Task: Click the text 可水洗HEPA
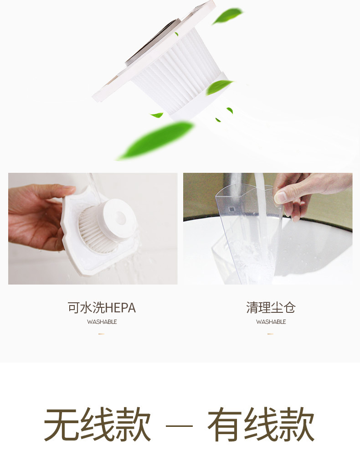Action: tap(102, 308)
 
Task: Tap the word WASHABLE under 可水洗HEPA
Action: tap(102, 322)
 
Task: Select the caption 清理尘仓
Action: tap(271, 308)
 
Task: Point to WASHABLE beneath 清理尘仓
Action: tap(271, 322)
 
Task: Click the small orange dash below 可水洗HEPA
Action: tap(101, 334)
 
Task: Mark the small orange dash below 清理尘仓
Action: tap(270, 334)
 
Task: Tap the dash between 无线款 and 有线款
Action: tap(179, 426)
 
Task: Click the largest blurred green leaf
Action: tap(155, 140)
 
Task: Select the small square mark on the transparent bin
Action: tap(231, 209)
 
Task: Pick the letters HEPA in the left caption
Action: tap(121, 308)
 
